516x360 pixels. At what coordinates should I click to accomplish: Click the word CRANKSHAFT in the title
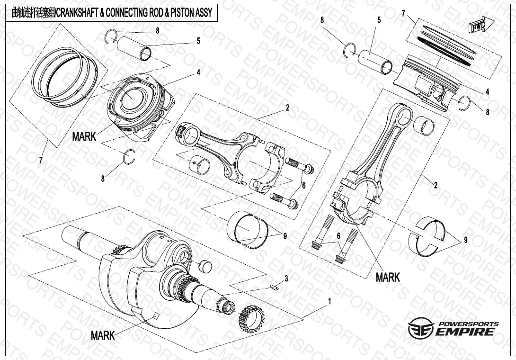[x=78, y=13]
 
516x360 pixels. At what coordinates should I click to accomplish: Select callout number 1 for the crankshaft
[x=329, y=301]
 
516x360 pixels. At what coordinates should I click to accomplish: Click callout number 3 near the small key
[x=286, y=277]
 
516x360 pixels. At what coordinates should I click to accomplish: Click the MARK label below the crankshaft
[x=103, y=336]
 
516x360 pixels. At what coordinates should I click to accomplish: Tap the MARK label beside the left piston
[x=84, y=137]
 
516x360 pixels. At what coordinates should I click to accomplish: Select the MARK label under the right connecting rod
[x=388, y=277]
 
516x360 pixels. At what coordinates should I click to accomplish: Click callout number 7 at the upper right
[x=403, y=14]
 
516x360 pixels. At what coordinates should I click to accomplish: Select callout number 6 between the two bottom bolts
[x=339, y=235]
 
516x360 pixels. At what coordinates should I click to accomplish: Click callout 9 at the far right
[x=465, y=240]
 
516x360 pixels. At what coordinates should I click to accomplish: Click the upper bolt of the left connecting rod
[x=299, y=166]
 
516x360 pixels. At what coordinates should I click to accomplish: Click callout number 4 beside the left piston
[x=199, y=72]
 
